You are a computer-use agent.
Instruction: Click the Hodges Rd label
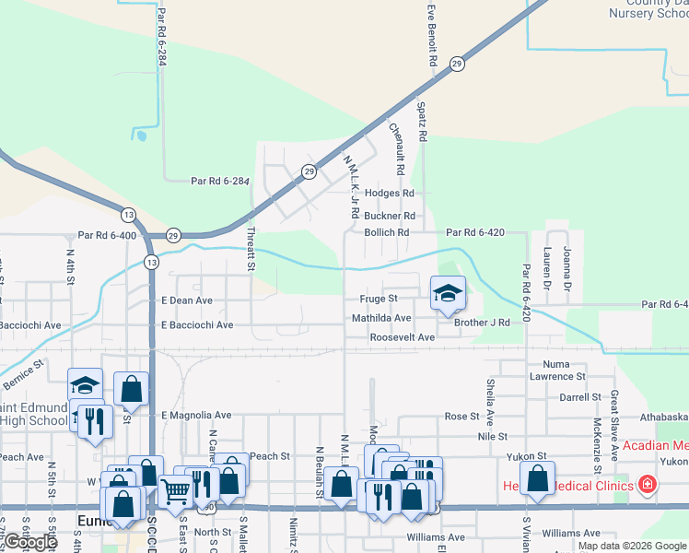[390, 194]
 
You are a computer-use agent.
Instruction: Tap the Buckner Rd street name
[390, 216]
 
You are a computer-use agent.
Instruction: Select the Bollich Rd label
[386, 233]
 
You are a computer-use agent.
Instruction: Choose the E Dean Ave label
[187, 300]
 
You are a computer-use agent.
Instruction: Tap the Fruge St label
[379, 299]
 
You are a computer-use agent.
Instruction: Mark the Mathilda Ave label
[381, 318]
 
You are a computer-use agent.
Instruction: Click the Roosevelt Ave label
[403, 338]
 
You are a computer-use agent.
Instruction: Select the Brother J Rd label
[482, 323]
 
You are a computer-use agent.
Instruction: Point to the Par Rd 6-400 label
[107, 236]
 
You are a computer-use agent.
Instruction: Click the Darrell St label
[580, 397]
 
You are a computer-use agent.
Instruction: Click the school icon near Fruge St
[448, 293]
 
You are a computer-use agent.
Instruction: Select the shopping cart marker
[175, 491]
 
